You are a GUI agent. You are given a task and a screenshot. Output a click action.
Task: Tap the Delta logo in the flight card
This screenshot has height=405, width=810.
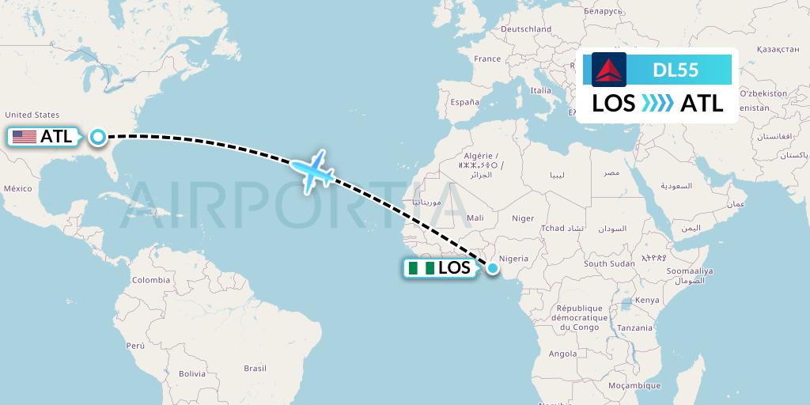click(x=609, y=70)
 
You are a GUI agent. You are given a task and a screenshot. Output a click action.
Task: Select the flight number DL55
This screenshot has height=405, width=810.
click(x=675, y=70)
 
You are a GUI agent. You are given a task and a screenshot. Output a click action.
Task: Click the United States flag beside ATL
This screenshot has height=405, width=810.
click(x=25, y=137)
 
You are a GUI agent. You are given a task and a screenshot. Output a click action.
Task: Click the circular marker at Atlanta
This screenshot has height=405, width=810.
click(x=97, y=137)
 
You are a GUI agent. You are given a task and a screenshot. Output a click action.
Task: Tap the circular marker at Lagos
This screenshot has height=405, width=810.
click(x=493, y=268)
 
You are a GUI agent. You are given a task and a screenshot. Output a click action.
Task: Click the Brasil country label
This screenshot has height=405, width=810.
click(x=255, y=368)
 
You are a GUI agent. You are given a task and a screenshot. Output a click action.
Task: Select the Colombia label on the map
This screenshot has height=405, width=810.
click(x=151, y=280)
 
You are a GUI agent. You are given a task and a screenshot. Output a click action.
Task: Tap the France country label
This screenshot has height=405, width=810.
click(x=487, y=59)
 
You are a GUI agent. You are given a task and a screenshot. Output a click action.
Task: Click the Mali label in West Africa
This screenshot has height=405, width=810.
click(x=475, y=218)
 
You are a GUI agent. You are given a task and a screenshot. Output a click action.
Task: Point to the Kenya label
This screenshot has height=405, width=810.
click(x=647, y=300)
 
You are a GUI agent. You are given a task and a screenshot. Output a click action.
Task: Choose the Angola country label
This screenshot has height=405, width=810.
click(x=562, y=354)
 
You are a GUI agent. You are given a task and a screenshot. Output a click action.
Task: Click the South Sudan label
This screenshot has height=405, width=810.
click(x=610, y=263)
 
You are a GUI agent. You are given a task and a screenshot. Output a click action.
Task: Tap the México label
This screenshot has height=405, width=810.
click(x=17, y=188)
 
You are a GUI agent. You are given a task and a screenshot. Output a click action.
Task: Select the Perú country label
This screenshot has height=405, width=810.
click(x=135, y=346)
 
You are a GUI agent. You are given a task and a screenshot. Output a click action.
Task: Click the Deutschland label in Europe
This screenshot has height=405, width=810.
click(x=526, y=29)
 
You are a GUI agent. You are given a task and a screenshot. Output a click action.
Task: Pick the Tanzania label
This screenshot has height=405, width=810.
click(x=635, y=327)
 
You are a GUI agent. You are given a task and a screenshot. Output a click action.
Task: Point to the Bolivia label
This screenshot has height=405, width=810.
click(x=191, y=373)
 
